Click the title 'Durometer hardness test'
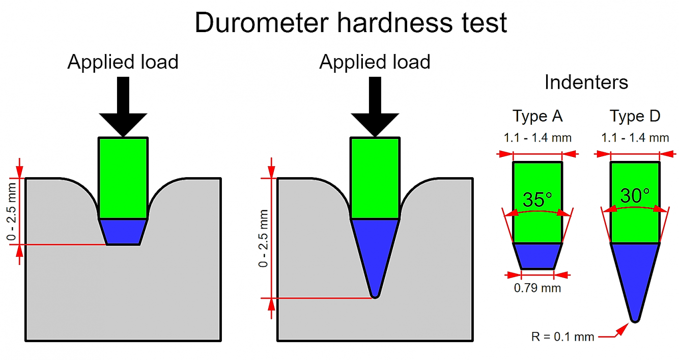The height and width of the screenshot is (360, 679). [351, 22]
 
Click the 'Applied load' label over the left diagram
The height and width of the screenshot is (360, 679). [123, 62]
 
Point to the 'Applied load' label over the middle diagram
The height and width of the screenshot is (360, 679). [375, 62]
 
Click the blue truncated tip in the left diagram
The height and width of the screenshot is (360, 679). [123, 232]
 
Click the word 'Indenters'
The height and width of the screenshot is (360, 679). [586, 82]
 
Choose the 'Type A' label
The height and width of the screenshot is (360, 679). [537, 116]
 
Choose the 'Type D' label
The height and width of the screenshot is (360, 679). [635, 116]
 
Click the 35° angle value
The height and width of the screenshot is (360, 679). [537, 200]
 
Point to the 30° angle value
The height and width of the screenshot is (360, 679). [635, 196]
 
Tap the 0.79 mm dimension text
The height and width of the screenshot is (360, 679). [537, 288]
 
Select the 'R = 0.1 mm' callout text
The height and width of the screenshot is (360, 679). [562, 337]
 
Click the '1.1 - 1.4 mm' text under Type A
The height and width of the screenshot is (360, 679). [537, 137]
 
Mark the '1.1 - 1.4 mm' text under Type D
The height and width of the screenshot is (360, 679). [635, 137]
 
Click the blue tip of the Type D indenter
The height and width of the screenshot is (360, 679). [635, 275]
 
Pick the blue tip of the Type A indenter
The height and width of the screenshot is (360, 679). [537, 256]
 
